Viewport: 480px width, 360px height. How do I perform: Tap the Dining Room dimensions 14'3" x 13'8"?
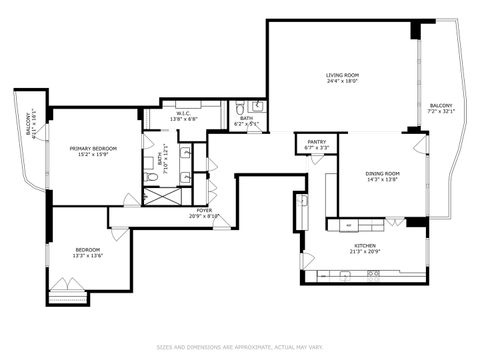[382, 180]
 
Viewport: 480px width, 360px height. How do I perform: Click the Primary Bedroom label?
[89, 149]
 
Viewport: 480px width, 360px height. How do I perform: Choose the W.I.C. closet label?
[184, 114]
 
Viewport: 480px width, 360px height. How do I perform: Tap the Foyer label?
[204, 210]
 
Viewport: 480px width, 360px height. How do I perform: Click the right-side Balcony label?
[441, 105]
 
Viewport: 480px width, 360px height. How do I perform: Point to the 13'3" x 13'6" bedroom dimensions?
[88, 256]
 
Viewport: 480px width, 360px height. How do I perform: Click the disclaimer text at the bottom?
[240, 347]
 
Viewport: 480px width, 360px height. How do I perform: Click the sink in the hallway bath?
[257, 106]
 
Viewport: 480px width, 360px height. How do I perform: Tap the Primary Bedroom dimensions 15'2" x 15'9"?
[89, 156]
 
